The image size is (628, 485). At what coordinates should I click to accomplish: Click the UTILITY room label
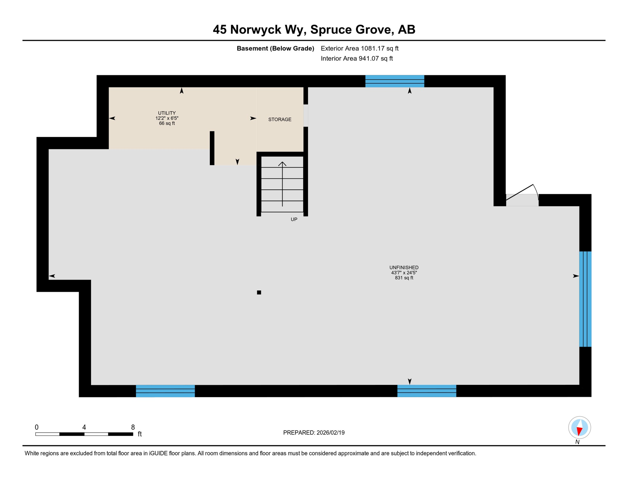(167, 113)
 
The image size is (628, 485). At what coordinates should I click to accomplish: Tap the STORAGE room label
(280, 119)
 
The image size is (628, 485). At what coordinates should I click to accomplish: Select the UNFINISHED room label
(404, 267)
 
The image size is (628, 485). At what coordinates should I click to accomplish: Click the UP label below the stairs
(294, 219)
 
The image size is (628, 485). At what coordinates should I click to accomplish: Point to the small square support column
(259, 292)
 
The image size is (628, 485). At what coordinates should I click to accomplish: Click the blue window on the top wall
(395, 81)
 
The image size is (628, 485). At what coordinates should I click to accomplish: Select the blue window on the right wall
(585, 299)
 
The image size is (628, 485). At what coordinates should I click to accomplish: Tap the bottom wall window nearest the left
(165, 391)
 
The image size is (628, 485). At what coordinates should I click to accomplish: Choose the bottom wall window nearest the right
(426, 391)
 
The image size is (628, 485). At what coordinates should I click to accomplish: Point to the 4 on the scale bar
(84, 427)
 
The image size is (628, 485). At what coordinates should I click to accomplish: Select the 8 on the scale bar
(133, 427)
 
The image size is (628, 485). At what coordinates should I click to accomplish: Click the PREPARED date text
(314, 433)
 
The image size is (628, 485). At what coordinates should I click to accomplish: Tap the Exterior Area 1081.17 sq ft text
(359, 48)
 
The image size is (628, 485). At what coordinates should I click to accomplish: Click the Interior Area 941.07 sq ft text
(357, 58)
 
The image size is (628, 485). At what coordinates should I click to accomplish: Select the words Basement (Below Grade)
(275, 48)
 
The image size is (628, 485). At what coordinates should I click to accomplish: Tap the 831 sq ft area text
(404, 278)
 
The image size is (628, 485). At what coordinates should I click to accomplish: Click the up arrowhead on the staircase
(282, 164)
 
